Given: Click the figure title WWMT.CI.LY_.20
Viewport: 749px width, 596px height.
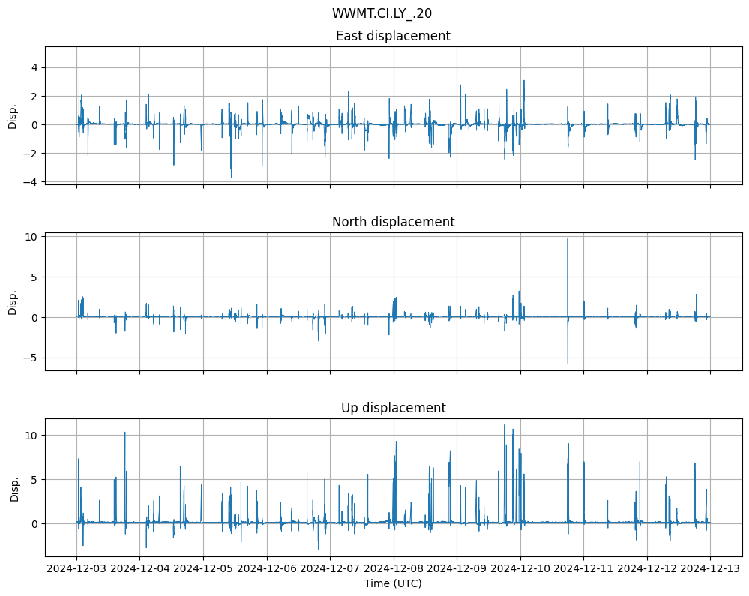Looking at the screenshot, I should tap(382, 13).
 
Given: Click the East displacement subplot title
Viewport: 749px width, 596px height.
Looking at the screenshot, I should tap(393, 36).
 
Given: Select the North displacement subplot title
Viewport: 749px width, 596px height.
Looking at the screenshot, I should tap(393, 222).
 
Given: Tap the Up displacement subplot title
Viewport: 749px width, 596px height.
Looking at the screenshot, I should tap(393, 408).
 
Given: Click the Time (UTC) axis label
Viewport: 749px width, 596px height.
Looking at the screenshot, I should tap(393, 583).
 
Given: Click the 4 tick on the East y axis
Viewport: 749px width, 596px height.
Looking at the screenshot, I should tap(34, 67).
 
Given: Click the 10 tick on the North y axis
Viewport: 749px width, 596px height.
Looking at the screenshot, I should tap(31, 237).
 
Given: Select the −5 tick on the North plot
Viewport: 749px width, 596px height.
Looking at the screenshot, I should tap(31, 358).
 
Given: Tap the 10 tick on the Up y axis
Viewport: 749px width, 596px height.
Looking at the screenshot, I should tap(31, 435).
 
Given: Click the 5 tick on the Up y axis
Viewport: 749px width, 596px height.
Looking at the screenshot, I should tap(34, 479).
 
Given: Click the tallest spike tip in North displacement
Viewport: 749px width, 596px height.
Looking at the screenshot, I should tap(568, 239).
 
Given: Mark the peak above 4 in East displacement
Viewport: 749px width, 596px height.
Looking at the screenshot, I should tap(79, 52).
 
